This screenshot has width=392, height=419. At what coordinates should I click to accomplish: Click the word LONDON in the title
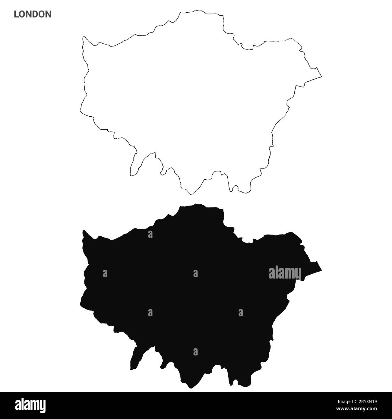(33, 14)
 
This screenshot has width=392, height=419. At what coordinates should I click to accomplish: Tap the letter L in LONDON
(16, 14)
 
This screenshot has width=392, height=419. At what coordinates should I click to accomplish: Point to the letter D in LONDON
(35, 14)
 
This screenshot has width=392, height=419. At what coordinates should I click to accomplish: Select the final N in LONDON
(48, 14)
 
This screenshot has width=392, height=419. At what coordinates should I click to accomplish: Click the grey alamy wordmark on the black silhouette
(285, 273)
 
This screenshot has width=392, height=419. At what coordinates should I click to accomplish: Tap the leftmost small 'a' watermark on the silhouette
(105, 273)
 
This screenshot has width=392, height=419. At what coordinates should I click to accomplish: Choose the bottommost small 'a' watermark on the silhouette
(195, 351)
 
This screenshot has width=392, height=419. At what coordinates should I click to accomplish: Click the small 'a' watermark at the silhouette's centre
(195, 273)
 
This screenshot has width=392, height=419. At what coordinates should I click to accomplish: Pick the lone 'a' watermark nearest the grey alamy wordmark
(241, 313)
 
